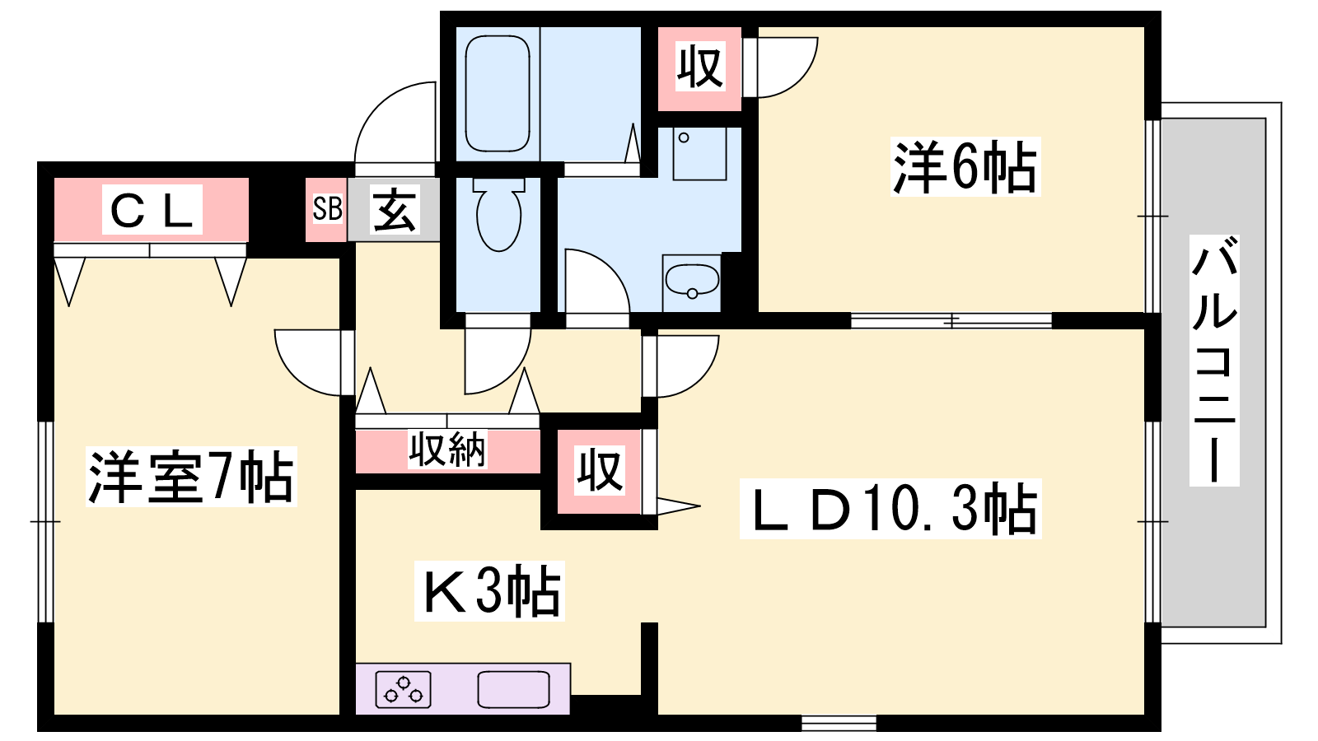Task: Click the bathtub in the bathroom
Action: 498,94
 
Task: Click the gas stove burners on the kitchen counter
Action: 403,689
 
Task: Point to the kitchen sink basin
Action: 514,689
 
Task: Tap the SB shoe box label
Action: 326,209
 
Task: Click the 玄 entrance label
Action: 395,210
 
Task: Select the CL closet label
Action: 152,210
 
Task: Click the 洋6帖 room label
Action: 965,166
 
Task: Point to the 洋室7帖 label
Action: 191,477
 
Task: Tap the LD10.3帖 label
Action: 890,509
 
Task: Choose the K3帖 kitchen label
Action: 489,590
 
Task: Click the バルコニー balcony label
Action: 1214,361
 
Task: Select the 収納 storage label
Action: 448,450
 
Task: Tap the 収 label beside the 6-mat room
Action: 699,67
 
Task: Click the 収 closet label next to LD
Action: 600,471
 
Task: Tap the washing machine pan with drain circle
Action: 699,153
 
